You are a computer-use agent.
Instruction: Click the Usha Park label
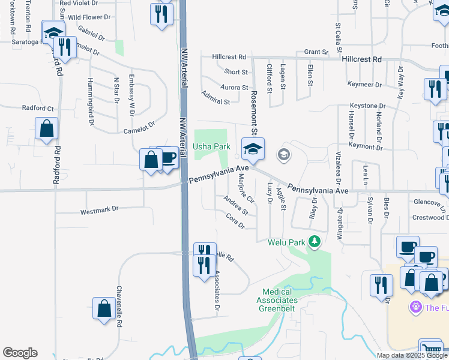211,147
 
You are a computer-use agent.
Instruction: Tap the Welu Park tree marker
314,242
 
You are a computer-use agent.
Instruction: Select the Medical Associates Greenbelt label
278,300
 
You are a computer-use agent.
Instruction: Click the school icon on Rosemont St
253,149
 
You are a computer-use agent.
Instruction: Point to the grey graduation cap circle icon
283,155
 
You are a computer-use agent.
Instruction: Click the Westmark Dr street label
100,211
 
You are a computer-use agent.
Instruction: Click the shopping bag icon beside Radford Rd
47,128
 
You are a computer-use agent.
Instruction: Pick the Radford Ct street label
38,109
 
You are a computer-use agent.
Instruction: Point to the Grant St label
315,52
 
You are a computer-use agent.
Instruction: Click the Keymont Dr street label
365,146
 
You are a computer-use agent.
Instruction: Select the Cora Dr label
235,221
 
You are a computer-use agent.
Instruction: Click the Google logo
20,353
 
